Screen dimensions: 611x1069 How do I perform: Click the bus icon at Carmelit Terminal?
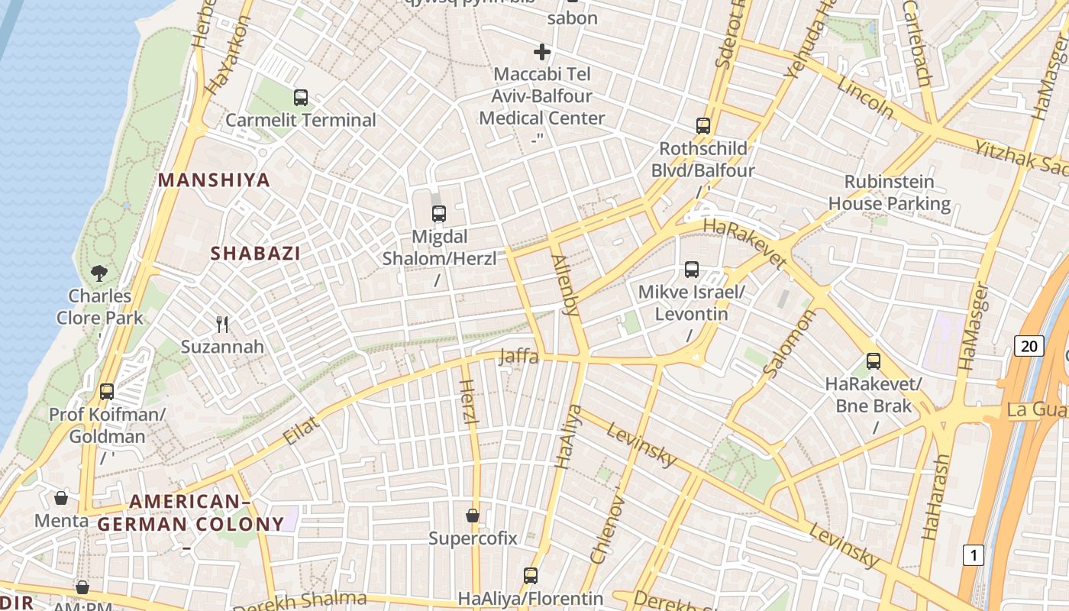tap(301, 98)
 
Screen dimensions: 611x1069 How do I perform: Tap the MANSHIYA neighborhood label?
tap(214, 180)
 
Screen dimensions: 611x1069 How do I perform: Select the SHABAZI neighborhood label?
tap(255, 254)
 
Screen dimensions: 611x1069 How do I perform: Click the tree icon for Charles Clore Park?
tap(99, 273)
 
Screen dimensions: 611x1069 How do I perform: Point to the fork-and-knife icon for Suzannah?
tap(222, 325)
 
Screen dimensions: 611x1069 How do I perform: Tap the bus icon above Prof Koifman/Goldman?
tap(107, 392)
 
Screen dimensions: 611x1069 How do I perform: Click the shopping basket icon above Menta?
tap(61, 498)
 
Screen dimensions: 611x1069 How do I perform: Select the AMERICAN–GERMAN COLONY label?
tap(190, 513)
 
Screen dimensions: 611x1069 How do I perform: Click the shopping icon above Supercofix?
tap(473, 516)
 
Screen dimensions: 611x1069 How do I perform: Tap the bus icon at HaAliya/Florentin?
tap(531, 575)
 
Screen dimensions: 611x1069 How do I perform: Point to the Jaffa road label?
tap(519, 357)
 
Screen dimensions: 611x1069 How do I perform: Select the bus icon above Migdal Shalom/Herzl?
tap(439, 214)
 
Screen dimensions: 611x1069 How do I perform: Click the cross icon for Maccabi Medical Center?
tap(542, 52)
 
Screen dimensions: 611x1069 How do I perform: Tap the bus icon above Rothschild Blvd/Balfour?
tap(702, 126)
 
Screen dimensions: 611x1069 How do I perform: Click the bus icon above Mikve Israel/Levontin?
tap(692, 270)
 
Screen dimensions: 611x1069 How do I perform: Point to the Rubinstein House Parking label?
tap(890, 192)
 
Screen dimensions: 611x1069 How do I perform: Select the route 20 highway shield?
tap(1029, 346)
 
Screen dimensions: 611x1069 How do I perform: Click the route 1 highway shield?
tap(973, 555)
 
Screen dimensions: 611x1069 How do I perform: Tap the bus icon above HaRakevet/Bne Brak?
tap(874, 361)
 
